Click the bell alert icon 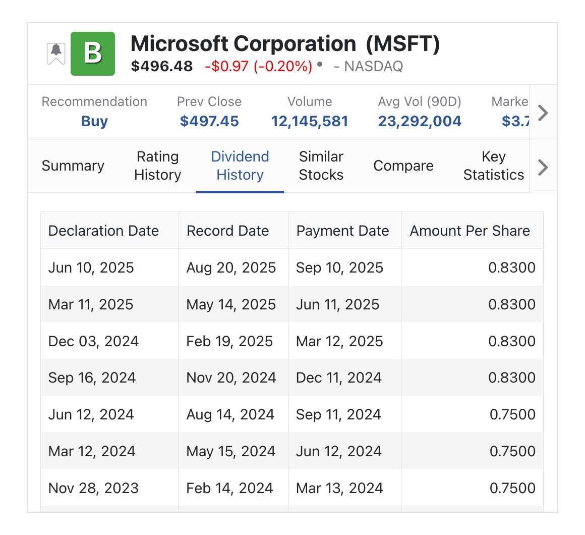click(56, 52)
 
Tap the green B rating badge click(93, 54)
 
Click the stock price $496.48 click(162, 66)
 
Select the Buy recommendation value click(94, 121)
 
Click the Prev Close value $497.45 click(209, 121)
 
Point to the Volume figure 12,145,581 click(310, 121)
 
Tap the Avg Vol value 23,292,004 click(420, 121)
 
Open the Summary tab click(73, 166)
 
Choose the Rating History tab click(157, 166)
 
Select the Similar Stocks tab click(321, 166)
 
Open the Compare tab click(403, 166)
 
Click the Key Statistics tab click(494, 166)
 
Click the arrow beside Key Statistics click(543, 167)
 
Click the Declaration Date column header click(103, 231)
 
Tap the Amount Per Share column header click(470, 231)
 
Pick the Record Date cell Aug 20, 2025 click(231, 268)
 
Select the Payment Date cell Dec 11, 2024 click(339, 378)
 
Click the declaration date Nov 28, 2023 click(93, 488)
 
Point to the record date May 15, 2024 click(231, 451)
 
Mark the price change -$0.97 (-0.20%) click(258, 66)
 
